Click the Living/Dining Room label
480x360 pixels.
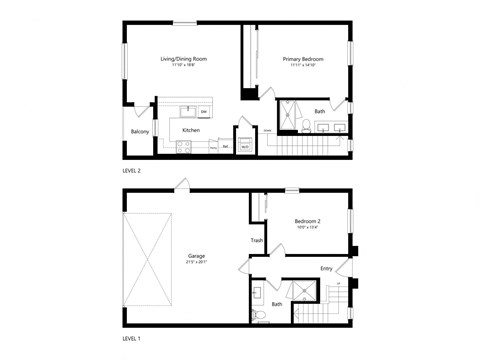184,59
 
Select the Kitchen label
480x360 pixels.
190,130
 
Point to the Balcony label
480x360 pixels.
140,132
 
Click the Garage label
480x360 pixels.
196,256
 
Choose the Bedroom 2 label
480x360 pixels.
307,221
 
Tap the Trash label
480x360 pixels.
257,240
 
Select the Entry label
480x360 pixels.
326,268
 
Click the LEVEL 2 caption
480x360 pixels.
132,171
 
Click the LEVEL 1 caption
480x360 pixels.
132,338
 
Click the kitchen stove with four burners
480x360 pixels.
184,146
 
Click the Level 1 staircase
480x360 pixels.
340,305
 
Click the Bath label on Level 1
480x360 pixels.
277,304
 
